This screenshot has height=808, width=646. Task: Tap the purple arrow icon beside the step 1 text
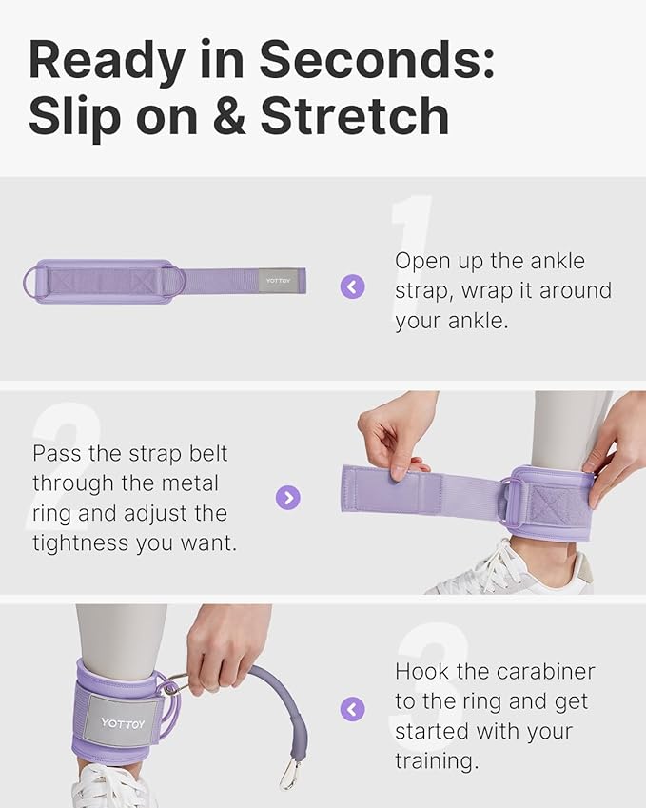click(x=353, y=286)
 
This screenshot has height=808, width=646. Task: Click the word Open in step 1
click(x=421, y=261)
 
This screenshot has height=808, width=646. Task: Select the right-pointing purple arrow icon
click(x=287, y=497)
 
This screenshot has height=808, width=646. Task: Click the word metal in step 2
click(x=186, y=483)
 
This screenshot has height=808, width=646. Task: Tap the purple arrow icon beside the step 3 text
click(x=353, y=709)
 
